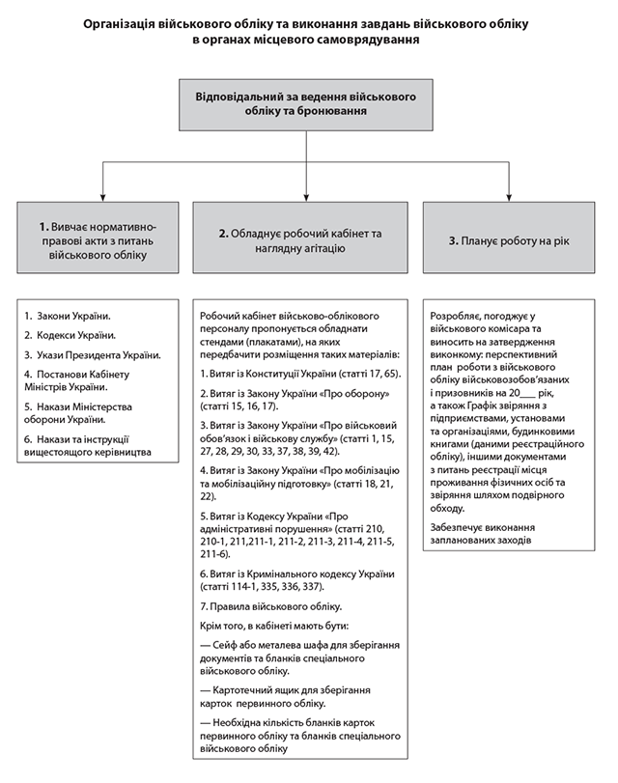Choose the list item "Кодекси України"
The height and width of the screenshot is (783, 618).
[75, 335]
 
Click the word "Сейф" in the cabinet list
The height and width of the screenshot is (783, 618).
[229, 645]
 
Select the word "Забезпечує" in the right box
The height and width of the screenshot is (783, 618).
[461, 527]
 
